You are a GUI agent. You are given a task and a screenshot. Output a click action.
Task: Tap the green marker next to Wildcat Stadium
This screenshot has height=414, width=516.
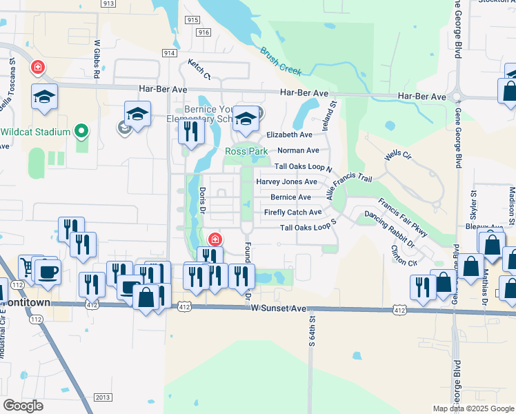tap(81, 130)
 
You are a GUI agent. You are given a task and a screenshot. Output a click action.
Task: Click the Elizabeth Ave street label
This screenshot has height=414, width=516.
tap(289, 135)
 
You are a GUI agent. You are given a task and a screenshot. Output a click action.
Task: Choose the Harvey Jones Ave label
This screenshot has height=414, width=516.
tap(286, 181)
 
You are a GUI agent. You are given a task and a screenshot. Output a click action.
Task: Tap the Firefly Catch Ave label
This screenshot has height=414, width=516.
tap(292, 213)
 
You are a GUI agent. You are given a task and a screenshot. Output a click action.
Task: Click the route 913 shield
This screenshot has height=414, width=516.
tap(107, 3)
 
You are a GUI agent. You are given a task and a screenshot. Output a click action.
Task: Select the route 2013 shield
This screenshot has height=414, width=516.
tap(102, 397)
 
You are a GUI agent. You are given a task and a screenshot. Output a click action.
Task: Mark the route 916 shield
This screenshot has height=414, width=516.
tap(204, 32)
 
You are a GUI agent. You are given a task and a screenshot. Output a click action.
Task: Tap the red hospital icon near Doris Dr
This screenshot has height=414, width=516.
tap(215, 239)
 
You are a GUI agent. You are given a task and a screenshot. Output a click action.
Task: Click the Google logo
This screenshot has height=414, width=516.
tap(23, 406)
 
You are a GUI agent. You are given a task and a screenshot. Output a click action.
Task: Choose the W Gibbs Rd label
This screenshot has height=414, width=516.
tap(98, 59)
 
